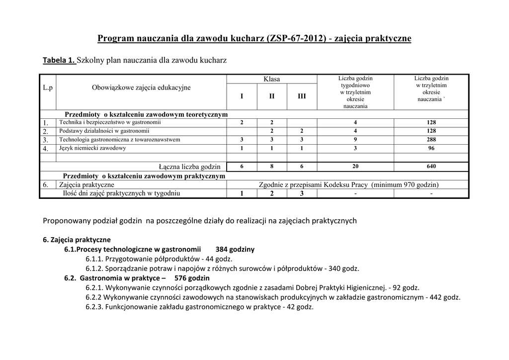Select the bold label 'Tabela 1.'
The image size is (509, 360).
pos(59,61)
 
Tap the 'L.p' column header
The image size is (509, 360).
pos(48,88)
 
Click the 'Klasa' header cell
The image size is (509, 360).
pos(271,79)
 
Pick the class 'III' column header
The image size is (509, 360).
pos(302,96)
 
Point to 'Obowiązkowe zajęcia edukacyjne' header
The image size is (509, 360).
pos(141,88)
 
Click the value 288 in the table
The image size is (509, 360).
pos(431,140)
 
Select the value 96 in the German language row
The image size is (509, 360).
pos(431,148)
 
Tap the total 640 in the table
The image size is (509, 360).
pos(431,166)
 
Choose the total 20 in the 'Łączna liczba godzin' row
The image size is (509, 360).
pos(355,166)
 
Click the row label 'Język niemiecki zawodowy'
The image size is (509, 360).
pos(92,148)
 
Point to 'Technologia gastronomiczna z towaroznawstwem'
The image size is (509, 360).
pos(120,140)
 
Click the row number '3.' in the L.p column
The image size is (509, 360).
pos(45,140)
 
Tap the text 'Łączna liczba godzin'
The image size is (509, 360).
pos(189,167)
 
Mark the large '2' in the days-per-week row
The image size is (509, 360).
pos(271,193)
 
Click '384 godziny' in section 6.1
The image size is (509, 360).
pos(235,249)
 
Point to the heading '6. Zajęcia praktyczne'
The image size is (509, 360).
pos(77,240)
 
